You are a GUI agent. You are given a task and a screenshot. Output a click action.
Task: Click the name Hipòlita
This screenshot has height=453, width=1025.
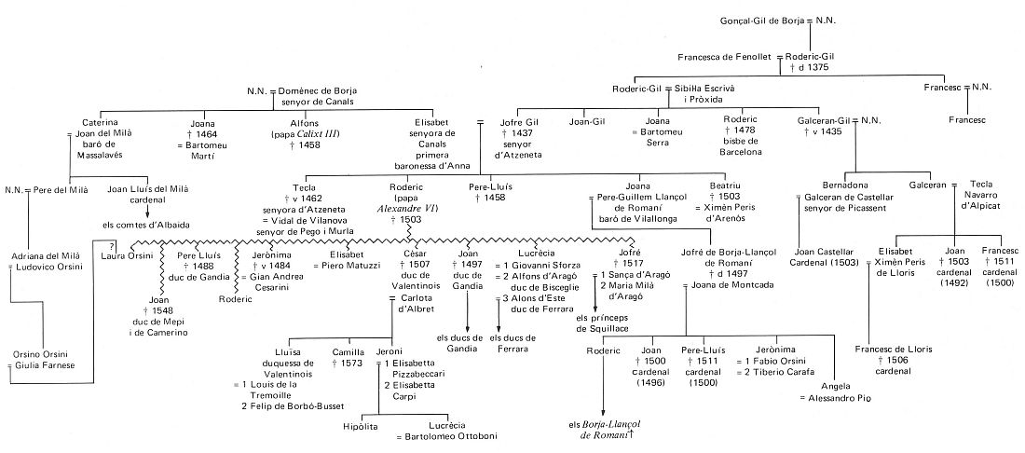(362, 425)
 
